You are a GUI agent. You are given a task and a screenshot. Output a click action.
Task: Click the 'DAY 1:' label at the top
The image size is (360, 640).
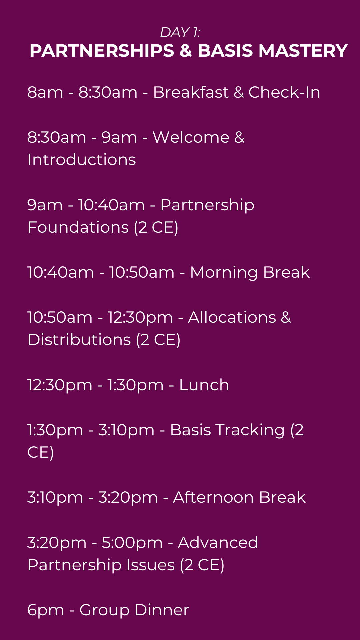[180, 32]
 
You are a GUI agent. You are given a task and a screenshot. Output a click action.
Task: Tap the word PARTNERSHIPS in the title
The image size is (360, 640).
[102, 51]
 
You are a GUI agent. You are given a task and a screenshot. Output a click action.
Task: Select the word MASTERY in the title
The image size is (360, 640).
[303, 51]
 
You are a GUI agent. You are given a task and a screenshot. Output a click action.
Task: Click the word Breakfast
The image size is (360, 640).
[191, 92]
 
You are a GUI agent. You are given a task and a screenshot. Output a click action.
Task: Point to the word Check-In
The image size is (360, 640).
[284, 92]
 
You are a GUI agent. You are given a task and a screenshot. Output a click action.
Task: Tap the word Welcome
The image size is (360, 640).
[191, 137]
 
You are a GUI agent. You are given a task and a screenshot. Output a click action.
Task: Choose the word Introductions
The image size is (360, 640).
[82, 160]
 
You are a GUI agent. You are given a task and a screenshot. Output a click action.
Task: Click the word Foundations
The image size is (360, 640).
[78, 227]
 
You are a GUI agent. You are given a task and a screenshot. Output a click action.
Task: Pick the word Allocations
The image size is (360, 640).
[232, 317]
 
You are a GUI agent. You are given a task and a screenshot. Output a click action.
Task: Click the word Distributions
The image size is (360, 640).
[79, 340]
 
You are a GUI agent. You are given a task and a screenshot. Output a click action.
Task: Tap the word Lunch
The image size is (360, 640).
[204, 385]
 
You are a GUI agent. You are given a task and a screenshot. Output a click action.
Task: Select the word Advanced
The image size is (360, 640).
[218, 543]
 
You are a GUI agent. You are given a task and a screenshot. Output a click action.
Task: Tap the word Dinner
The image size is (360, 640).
[162, 610]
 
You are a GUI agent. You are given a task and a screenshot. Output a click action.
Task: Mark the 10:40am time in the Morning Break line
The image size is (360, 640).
[61, 272]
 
